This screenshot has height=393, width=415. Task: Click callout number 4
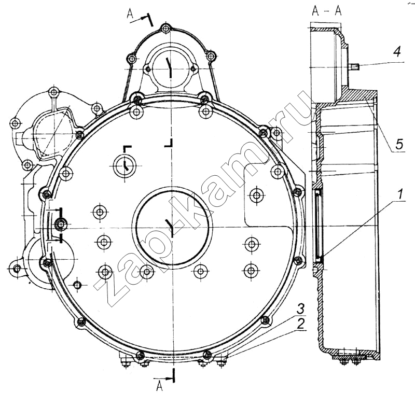[396, 51]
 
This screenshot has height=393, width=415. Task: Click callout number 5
[398, 144]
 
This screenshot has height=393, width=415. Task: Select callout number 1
[400, 194]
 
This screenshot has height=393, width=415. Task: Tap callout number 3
[300, 308]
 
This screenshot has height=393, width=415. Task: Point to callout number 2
[300, 324]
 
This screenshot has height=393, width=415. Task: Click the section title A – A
[327, 10]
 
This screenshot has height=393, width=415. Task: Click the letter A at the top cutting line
[130, 13]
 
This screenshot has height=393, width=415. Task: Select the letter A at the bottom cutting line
[159, 386]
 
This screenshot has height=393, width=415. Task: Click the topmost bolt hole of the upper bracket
[165, 29]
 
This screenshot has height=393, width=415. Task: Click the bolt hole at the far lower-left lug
[17, 269]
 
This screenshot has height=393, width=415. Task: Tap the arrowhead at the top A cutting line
[144, 18]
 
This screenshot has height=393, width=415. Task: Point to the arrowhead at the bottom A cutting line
[171, 378]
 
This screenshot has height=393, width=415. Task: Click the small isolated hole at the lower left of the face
[77, 285]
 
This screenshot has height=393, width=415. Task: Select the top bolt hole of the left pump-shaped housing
[53, 92]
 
